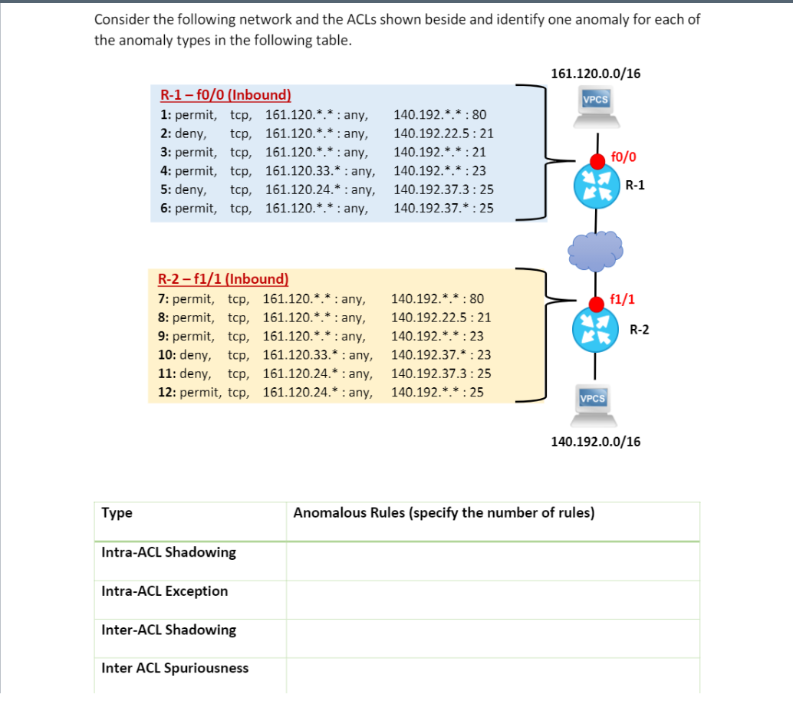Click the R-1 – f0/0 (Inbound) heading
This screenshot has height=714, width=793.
225,96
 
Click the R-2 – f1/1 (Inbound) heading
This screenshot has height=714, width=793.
223,279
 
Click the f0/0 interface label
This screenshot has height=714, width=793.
624,157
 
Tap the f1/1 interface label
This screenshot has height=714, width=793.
621,299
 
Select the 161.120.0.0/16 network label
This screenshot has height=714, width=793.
596,74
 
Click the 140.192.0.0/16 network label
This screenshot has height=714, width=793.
596,442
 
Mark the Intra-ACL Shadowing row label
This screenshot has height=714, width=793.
169,552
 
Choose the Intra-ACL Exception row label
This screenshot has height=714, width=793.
164,591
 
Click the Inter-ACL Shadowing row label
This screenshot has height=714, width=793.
169,630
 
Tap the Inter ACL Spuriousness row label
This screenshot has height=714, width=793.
175,668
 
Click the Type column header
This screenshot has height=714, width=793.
117,513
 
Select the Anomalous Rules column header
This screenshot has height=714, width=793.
443,513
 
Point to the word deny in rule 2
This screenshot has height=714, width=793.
190,133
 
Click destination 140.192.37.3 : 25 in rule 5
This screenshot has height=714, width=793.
443,189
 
